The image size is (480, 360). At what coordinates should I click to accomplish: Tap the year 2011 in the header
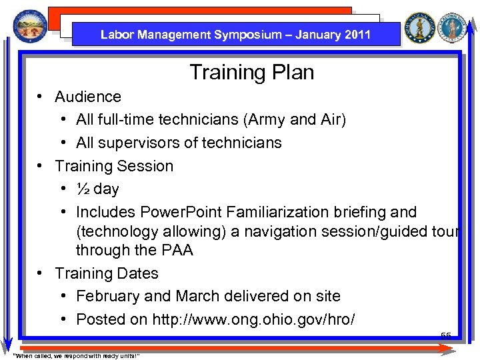[x=358, y=35]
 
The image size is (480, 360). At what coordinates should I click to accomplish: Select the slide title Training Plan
[x=251, y=72]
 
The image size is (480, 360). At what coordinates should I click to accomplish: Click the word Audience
[x=88, y=97]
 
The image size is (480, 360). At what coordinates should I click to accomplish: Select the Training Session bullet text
[x=114, y=166]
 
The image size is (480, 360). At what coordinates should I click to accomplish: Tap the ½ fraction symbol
[x=83, y=189]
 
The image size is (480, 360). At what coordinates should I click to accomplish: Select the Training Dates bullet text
[x=107, y=273]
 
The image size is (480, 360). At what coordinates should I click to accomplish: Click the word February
[x=108, y=296]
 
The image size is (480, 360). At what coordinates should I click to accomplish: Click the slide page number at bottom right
[x=445, y=335]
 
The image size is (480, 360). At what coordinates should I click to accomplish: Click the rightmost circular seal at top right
[x=454, y=27]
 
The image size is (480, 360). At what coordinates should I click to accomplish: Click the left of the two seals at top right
[x=419, y=27]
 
